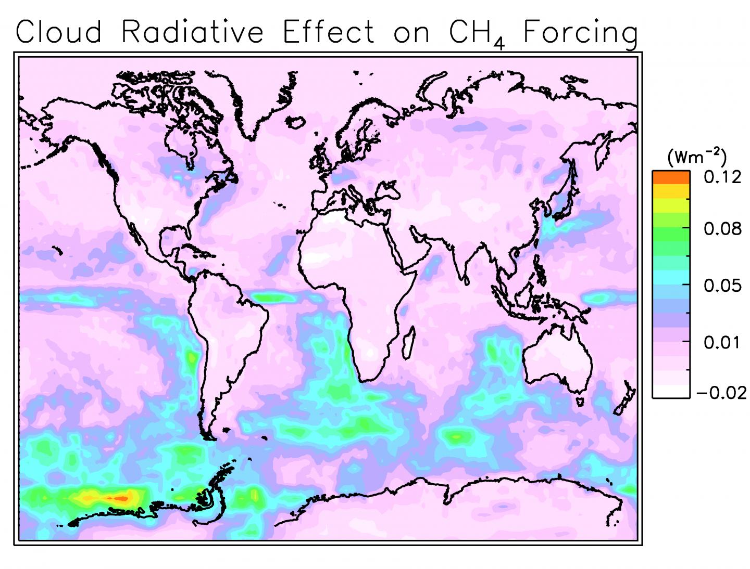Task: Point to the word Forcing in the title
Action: pyautogui.click(x=580, y=32)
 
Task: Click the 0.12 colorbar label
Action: pyautogui.click(x=722, y=177)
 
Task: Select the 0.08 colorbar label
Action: pyautogui.click(x=722, y=228)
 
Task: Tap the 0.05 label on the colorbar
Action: pyautogui.click(x=722, y=285)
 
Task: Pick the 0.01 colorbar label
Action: pyautogui.click(x=722, y=342)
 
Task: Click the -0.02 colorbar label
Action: pyautogui.click(x=721, y=392)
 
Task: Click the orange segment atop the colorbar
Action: pyautogui.click(x=671, y=177)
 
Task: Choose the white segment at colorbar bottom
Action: pyautogui.click(x=671, y=391)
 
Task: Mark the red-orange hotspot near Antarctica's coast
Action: pyautogui.click(x=121, y=498)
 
